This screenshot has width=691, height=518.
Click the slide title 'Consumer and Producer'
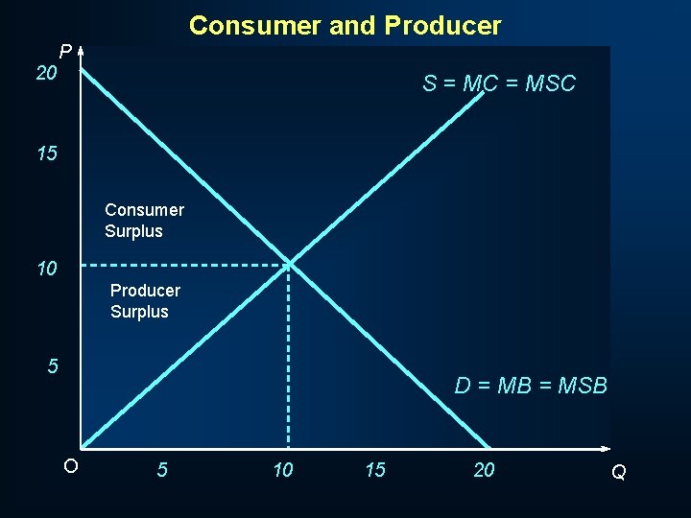pyautogui.click(x=345, y=26)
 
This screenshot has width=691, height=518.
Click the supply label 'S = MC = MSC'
pyautogui.click(x=498, y=83)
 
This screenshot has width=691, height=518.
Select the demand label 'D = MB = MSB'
pyautogui.click(x=531, y=386)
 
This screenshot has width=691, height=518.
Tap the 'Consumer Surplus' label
pyautogui.click(x=144, y=221)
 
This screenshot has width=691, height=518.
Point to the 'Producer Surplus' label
pyautogui.click(x=145, y=300)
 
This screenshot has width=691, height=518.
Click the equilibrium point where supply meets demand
pyautogui.click(x=289, y=264)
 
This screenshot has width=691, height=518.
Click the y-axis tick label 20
pyautogui.click(x=47, y=73)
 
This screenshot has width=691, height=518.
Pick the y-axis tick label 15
pyautogui.click(x=47, y=153)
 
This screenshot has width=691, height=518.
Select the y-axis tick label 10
pyautogui.click(x=47, y=270)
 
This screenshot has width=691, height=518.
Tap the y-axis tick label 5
pyautogui.click(x=53, y=366)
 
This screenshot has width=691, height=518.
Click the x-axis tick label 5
pyautogui.click(x=162, y=470)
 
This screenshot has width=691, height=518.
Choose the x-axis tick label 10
pyautogui.click(x=283, y=470)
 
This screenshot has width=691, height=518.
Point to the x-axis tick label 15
pyautogui.click(x=375, y=470)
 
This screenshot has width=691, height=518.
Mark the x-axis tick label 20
pyautogui.click(x=485, y=470)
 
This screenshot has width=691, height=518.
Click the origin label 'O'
pyautogui.click(x=70, y=467)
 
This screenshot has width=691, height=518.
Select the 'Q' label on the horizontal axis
pyautogui.click(x=619, y=472)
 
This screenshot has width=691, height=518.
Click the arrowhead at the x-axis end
pyautogui.click(x=606, y=448)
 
